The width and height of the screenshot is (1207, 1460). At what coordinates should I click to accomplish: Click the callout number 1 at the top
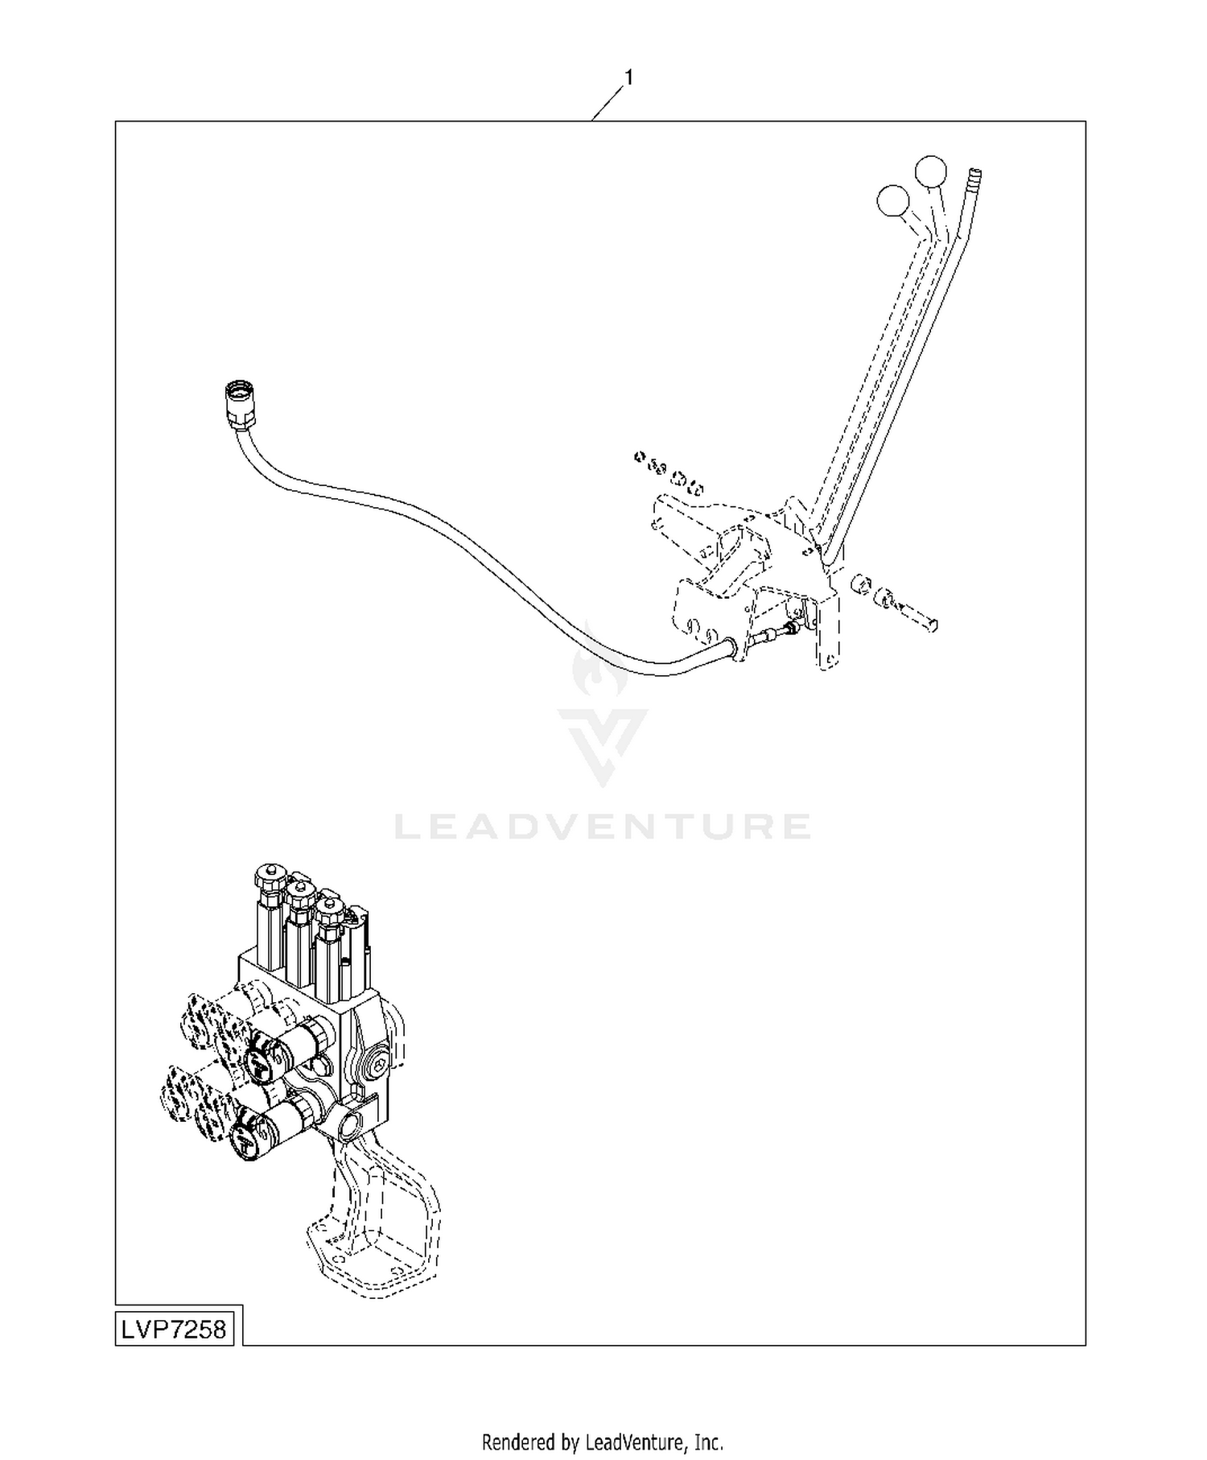tap(629, 78)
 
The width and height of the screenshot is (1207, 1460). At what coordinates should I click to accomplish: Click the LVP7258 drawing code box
tap(174, 1329)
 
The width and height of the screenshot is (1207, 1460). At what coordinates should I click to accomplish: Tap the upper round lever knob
tap(931, 171)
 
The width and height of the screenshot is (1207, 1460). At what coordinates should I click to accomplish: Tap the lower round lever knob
tap(893, 201)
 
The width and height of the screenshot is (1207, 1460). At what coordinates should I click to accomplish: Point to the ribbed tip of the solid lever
tap(974, 179)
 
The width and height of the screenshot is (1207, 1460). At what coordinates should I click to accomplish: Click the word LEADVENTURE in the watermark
tap(603, 827)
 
